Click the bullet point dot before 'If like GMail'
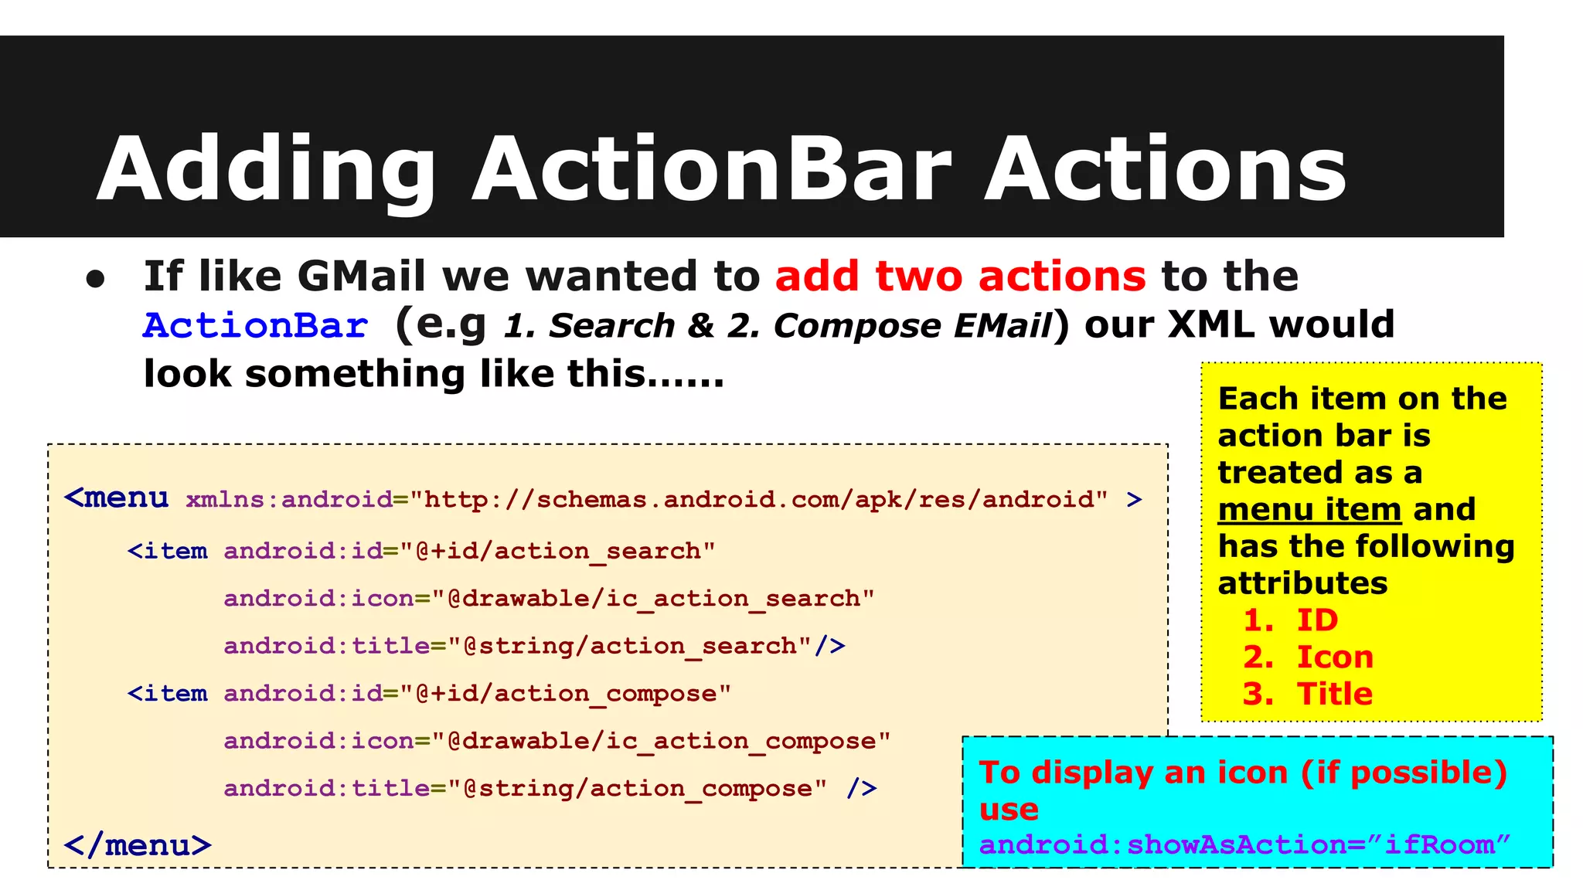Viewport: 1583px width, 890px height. point(95,280)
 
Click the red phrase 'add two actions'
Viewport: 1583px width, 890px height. point(960,276)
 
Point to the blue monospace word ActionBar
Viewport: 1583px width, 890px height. point(255,325)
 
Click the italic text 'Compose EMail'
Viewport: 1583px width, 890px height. point(912,325)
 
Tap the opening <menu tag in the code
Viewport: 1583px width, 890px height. point(117,498)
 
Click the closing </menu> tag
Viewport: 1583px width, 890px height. point(138,845)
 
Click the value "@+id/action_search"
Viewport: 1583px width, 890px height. point(557,551)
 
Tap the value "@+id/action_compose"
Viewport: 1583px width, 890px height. point(565,694)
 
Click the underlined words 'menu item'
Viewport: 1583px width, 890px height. point(1309,510)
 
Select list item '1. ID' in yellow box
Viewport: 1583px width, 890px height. point(1290,620)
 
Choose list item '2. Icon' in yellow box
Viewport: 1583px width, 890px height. point(1308,657)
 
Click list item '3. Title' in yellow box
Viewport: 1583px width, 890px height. point(1307,694)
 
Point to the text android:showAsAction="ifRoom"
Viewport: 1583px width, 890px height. point(1244,844)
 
